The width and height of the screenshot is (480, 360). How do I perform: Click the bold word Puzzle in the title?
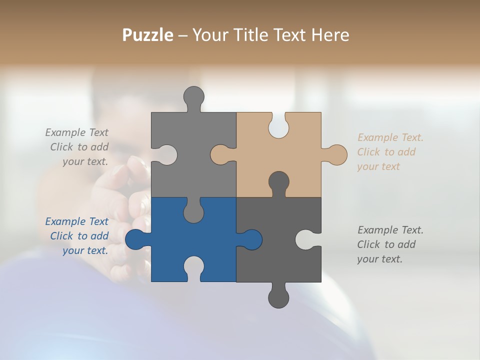point(148,35)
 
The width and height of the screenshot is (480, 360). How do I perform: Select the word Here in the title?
point(330,35)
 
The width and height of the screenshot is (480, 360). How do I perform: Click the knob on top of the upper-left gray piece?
point(193,96)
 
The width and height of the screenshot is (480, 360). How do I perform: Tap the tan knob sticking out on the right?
point(336,154)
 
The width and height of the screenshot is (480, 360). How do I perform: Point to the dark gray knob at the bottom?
point(278,297)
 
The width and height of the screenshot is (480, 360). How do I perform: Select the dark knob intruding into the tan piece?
point(278,181)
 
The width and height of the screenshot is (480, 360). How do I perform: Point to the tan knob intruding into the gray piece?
point(220,154)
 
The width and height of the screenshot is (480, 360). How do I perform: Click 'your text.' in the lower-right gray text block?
point(379,259)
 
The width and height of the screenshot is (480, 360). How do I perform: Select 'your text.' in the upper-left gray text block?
point(85,161)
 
